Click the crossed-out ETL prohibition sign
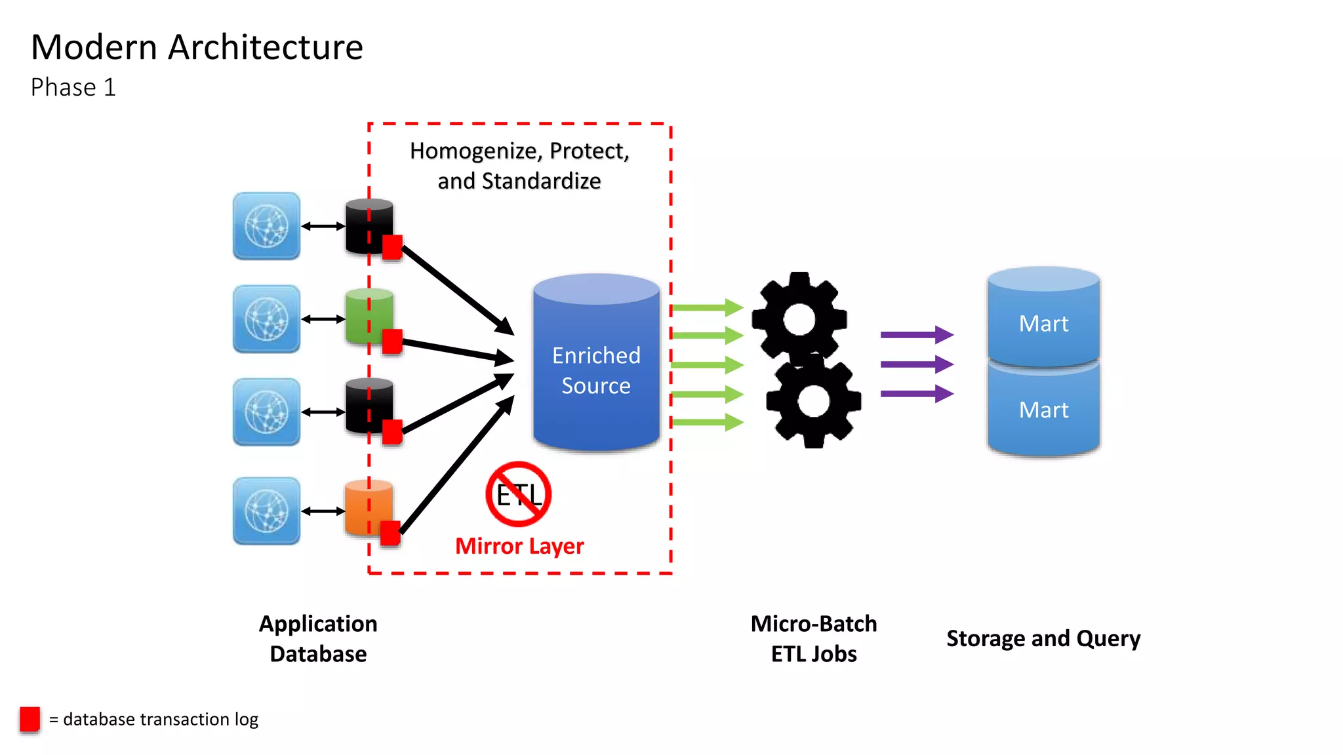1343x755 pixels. tap(518, 494)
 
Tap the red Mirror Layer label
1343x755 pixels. tap(519, 546)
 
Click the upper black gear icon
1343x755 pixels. tap(799, 319)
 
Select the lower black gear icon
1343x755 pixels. tap(814, 401)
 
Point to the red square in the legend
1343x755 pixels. tap(30, 719)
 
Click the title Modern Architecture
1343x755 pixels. tap(197, 47)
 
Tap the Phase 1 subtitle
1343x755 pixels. tap(73, 87)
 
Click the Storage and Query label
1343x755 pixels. tap(1043, 638)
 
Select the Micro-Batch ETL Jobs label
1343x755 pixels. tap(813, 638)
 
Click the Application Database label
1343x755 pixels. tap(318, 638)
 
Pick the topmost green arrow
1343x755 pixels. tap(707, 307)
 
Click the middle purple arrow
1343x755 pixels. tap(916, 364)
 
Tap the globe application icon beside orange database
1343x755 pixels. tap(266, 511)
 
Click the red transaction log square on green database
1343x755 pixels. tap(392, 341)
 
